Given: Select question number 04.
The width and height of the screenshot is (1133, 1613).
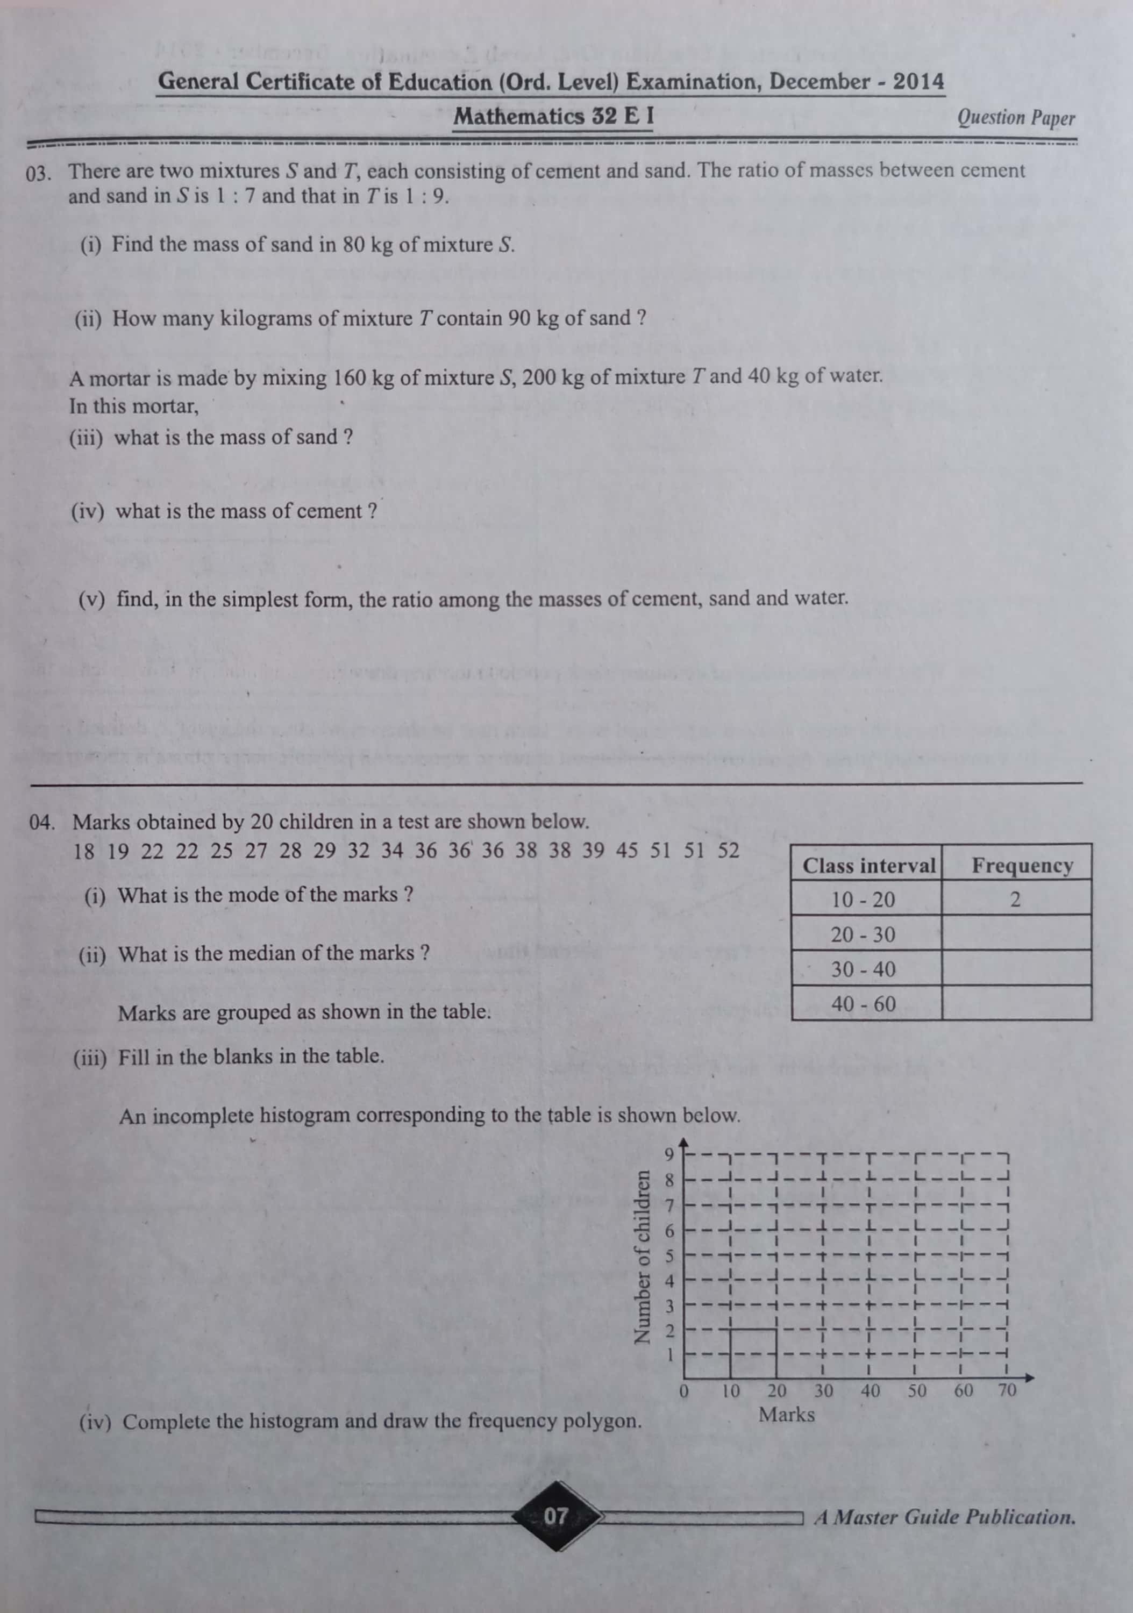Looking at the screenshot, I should [42, 823].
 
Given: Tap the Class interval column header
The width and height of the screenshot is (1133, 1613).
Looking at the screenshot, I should [869, 866].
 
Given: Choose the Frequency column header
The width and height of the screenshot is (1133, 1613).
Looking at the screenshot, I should [1022, 866].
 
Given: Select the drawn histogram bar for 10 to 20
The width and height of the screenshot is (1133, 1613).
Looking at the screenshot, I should [753, 1352].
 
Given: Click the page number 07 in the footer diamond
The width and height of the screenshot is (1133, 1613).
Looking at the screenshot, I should [555, 1515].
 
